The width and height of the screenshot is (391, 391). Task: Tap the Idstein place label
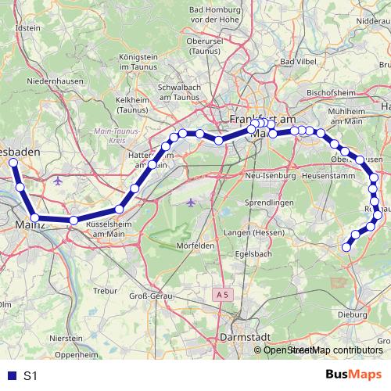[27, 27]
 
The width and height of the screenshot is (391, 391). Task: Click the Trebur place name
[105, 290]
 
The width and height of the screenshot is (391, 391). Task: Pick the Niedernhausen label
[49, 81]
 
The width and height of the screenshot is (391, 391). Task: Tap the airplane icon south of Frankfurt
[191, 203]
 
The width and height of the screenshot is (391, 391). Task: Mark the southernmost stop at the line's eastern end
[346, 247]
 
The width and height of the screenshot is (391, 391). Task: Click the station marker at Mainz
[34, 217]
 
